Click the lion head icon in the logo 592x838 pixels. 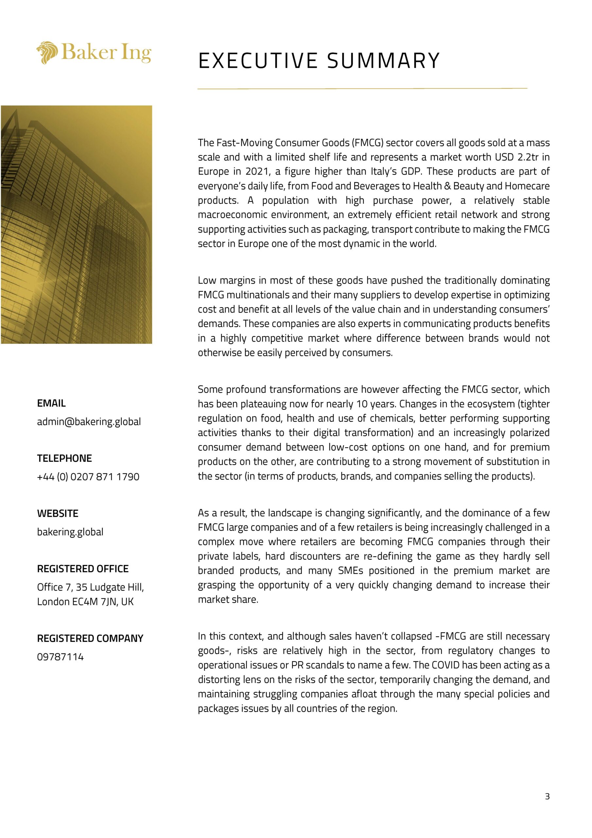point(47,53)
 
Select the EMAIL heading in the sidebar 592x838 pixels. point(51,403)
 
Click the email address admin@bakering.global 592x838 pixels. point(89,422)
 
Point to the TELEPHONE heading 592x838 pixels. point(64,458)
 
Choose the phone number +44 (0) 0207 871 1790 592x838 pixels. point(88,477)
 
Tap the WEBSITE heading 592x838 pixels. point(58,514)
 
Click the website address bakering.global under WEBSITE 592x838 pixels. point(70,532)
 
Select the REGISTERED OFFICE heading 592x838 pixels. point(83,569)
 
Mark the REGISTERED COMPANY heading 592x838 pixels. point(90,638)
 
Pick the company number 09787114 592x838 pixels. point(61,657)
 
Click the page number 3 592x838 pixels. point(547,796)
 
